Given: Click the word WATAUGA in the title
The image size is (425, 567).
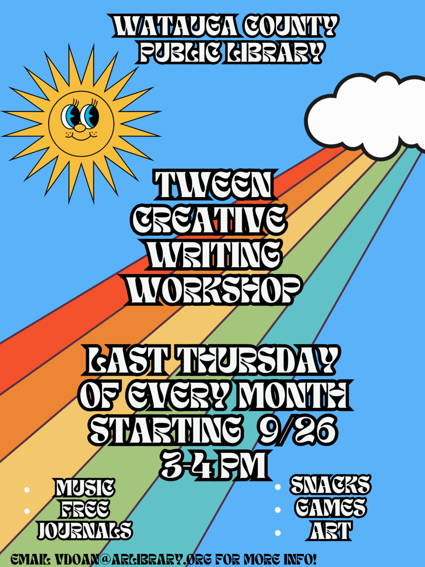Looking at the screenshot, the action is (175, 26).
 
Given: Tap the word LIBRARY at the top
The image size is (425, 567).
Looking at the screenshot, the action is (274, 52).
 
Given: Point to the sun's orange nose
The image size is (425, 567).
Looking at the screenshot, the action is (80, 128).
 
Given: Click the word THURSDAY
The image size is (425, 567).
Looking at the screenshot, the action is (259, 360).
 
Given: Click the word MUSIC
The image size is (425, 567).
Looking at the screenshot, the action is (84, 488).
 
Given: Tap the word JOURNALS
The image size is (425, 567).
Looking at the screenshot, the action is (85, 530).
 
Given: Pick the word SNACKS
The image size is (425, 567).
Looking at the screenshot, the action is (330, 484).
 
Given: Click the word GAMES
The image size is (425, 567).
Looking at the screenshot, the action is (330, 507).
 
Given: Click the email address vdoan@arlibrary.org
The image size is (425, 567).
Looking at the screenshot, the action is (133, 559).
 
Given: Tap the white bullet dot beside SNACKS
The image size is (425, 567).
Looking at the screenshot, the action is (278, 487).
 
